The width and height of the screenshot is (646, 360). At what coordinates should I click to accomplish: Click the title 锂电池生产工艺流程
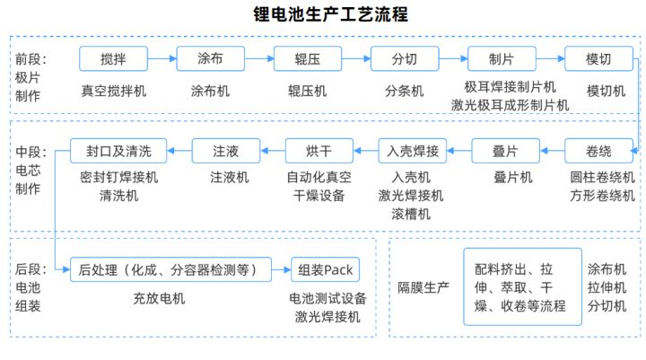(x=330, y=14)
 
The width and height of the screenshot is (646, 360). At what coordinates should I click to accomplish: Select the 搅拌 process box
(x=113, y=58)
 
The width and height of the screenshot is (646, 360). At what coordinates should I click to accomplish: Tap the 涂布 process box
(x=211, y=58)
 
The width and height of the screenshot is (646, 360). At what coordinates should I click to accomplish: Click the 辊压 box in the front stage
(x=308, y=58)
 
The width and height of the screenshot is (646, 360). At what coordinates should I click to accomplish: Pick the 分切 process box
(x=405, y=58)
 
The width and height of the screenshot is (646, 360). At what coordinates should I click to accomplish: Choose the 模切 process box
(x=598, y=58)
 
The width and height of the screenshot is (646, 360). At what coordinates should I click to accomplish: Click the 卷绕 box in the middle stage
(x=598, y=151)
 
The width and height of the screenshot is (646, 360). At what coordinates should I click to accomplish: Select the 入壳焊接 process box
(x=413, y=151)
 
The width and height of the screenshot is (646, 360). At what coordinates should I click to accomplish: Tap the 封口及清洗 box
(x=118, y=151)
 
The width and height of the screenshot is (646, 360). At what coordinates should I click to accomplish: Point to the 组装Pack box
(x=325, y=269)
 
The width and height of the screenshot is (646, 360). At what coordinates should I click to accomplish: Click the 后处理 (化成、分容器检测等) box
(x=170, y=269)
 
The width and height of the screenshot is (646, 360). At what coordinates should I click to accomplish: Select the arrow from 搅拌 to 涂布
(x=161, y=58)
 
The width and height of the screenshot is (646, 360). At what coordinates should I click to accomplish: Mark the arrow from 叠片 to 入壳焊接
(x=459, y=151)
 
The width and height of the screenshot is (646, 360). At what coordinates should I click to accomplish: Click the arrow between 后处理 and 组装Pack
(x=282, y=269)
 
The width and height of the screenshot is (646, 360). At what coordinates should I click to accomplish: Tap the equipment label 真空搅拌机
(x=114, y=91)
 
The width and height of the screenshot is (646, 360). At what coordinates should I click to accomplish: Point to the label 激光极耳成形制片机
(x=510, y=105)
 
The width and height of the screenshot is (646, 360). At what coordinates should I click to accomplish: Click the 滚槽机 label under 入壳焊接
(x=411, y=214)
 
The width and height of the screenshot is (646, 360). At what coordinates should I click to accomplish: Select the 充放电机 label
(x=159, y=298)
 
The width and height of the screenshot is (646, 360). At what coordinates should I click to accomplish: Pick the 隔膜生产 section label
(x=423, y=287)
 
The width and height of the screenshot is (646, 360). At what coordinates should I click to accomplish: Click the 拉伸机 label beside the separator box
(x=607, y=287)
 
